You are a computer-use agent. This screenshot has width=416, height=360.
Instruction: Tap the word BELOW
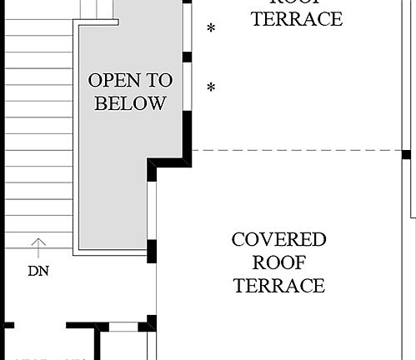[x=130, y=104]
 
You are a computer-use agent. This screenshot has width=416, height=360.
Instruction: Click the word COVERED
[x=278, y=241]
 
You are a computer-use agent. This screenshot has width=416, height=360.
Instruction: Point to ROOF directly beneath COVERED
[x=278, y=263]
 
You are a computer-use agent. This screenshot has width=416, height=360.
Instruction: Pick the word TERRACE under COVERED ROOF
[x=278, y=286]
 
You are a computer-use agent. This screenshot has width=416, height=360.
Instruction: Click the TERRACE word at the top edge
[x=297, y=19]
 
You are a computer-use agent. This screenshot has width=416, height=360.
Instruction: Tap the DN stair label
[x=38, y=270]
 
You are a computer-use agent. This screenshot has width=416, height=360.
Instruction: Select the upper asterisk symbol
[x=211, y=29]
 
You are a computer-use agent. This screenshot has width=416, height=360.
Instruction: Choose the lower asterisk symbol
[x=211, y=87]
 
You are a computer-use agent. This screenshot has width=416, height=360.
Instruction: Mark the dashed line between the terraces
[x=292, y=151]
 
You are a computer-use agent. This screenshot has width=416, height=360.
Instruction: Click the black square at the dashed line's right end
[x=406, y=154]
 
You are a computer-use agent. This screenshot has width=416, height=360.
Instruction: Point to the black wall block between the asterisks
[x=188, y=57]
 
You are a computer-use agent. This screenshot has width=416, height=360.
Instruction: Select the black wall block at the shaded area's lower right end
[x=153, y=249]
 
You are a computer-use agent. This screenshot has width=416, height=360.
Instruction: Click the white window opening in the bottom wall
[x=123, y=327]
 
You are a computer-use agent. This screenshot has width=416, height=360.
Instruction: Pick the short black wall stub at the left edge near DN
[x=8, y=324]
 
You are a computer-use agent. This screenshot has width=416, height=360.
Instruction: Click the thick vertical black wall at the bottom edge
[x=98, y=343]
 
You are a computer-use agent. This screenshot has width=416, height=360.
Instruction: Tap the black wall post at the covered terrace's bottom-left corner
[x=151, y=323]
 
